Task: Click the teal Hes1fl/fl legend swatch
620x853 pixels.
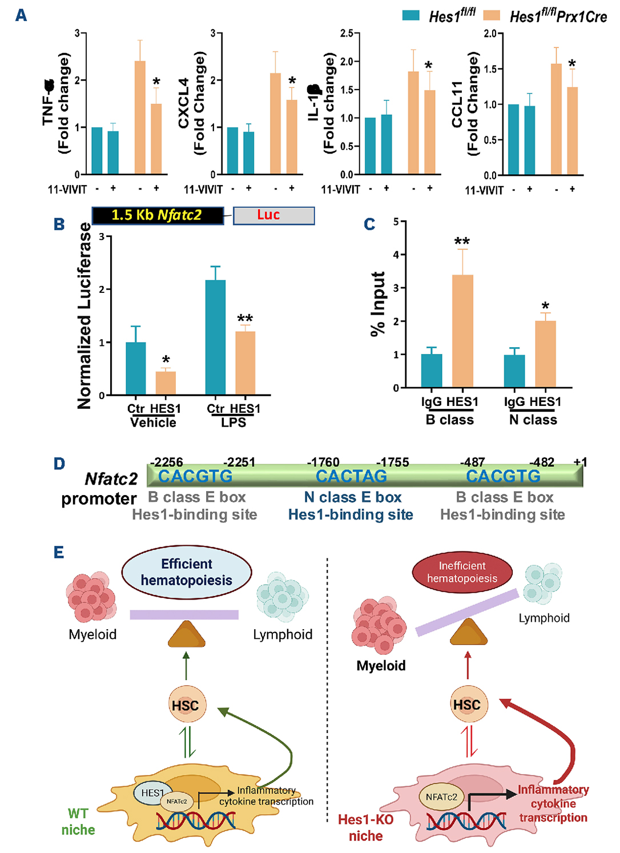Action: click(411, 15)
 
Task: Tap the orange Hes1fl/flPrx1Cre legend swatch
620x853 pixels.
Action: click(492, 15)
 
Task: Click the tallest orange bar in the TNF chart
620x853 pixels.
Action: click(140, 117)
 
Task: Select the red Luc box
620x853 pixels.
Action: click(273, 215)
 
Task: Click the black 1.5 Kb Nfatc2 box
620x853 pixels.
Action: click(158, 215)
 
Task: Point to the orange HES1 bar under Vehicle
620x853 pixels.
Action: click(166, 383)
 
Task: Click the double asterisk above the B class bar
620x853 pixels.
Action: click(462, 242)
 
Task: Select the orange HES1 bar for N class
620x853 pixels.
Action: click(545, 354)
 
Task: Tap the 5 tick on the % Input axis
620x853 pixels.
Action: click(396, 222)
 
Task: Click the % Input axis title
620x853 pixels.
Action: click(378, 304)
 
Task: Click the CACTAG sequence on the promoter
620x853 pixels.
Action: click(351, 476)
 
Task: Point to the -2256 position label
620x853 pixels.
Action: click(166, 462)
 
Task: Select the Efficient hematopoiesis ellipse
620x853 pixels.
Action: click(187, 572)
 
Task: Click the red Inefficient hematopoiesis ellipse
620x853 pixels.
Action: click(462, 572)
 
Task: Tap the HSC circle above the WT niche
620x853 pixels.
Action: click(186, 705)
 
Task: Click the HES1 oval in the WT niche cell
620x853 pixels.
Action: click(152, 793)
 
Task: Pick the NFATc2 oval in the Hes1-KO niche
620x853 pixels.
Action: click(441, 797)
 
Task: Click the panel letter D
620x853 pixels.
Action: click(59, 464)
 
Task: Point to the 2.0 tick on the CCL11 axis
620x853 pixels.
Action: click(490, 34)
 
